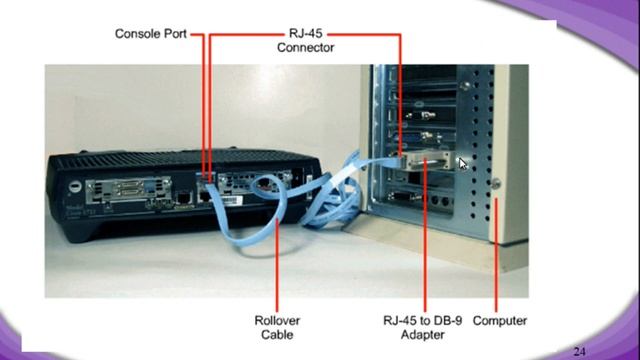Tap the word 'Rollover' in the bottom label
coord(277,321)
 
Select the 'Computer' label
coord(500,321)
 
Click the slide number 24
coord(580,351)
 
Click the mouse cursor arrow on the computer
coord(462,162)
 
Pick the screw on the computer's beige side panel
coord(496,182)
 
